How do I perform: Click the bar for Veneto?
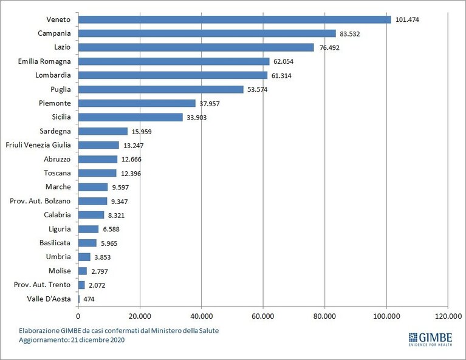(x=235, y=19)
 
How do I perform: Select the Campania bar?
(x=207, y=33)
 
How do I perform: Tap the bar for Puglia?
(x=161, y=89)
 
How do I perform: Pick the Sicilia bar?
(x=131, y=117)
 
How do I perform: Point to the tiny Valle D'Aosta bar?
(x=79, y=299)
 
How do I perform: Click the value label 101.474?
(x=407, y=19)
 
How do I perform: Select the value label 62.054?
(x=284, y=61)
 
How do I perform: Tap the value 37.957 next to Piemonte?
(x=210, y=104)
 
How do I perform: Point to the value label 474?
(x=89, y=299)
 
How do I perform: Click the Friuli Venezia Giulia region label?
(x=38, y=145)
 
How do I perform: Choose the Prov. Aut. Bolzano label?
(x=40, y=201)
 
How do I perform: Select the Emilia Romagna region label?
(x=44, y=61)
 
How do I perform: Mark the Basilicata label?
(x=55, y=243)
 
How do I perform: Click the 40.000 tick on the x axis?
(x=202, y=316)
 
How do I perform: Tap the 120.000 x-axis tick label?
(x=448, y=316)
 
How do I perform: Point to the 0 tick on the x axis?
(x=78, y=316)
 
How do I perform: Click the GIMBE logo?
(x=431, y=339)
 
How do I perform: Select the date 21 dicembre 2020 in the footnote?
(x=98, y=340)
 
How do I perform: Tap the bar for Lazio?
(x=196, y=47)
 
